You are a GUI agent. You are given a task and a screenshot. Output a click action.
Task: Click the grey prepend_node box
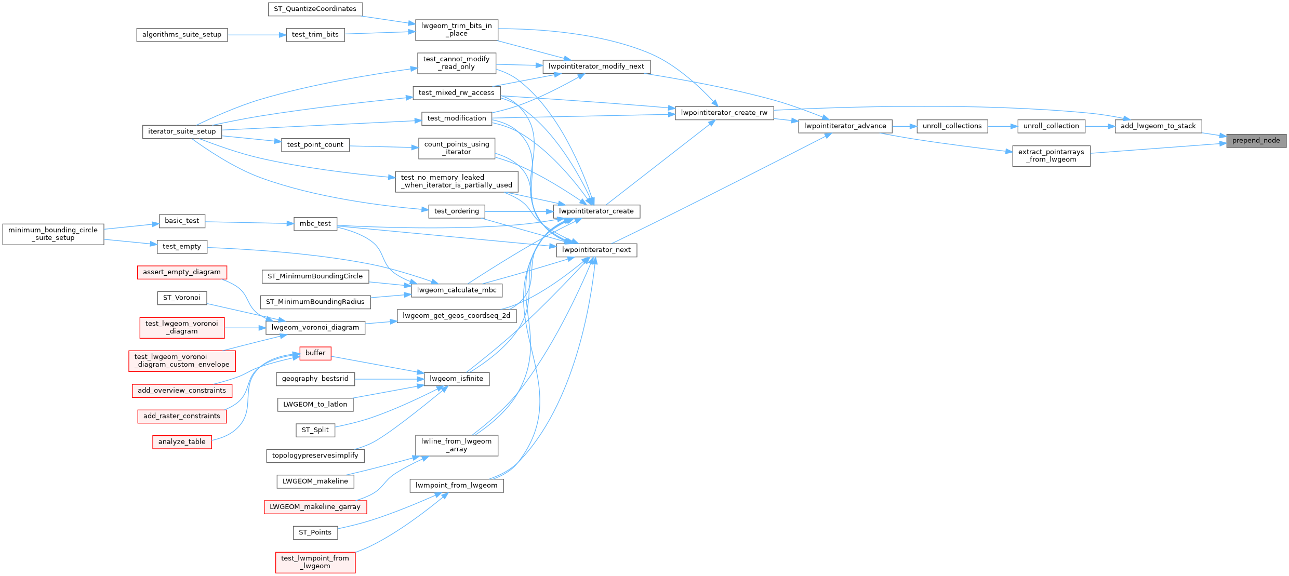pos(1256,141)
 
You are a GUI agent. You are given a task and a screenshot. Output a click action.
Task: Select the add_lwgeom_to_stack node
pos(1158,126)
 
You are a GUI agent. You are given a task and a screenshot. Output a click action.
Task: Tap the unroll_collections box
pos(952,126)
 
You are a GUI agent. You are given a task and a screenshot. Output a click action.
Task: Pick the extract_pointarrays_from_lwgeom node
pos(1051,156)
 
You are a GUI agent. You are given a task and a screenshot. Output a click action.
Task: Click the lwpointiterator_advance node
pos(845,126)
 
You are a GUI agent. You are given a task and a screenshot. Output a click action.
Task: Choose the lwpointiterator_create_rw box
pos(724,113)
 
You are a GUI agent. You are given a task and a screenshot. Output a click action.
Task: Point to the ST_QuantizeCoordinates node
pos(315,9)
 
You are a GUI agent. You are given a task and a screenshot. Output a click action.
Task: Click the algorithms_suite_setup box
pos(182,35)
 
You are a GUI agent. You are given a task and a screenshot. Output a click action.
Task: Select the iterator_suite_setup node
pos(182,131)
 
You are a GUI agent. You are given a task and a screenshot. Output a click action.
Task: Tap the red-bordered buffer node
pos(315,353)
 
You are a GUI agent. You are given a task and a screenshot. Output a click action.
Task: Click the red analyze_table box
pos(182,442)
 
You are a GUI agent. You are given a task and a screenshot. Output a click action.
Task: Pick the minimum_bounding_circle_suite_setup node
pos(53,234)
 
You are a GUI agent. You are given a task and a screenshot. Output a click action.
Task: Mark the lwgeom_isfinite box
pos(457,379)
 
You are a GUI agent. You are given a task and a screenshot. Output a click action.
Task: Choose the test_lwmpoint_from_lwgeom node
pos(315,562)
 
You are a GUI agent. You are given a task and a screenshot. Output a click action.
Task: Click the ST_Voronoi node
pos(181,298)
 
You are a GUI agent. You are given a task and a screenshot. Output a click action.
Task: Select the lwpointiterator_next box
pos(596,250)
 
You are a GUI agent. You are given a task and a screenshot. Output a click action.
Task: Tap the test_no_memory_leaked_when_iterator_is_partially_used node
pos(457,182)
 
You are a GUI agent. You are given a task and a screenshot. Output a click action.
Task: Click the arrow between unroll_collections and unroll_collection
pos(1002,126)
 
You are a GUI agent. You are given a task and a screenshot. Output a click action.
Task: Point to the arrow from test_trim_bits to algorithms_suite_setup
pos(257,35)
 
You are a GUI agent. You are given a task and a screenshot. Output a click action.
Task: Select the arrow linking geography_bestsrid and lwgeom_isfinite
pos(389,379)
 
